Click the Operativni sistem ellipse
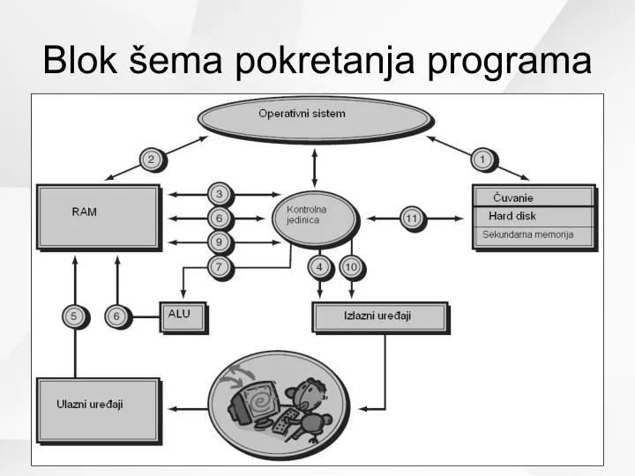point(315,119)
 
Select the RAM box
point(99,218)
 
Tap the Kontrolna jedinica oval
point(315,219)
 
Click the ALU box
point(183,317)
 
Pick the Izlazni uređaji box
point(381,317)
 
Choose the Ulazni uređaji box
point(99,411)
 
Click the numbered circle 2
point(153,160)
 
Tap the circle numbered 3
point(220,195)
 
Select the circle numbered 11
point(413,219)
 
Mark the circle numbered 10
point(352,268)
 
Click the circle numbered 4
point(321,268)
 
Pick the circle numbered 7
point(220,268)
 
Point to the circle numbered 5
point(75,316)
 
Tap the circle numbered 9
point(220,243)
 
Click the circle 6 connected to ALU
point(118,316)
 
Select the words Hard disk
point(512,216)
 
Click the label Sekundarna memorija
point(527,234)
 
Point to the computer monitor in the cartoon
point(254,402)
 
